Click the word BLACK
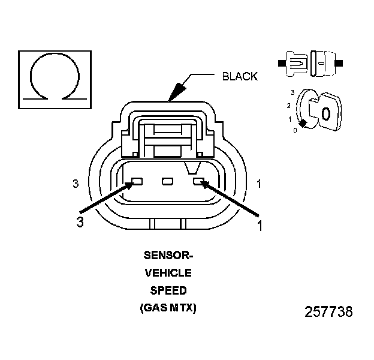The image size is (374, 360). [x=240, y=76]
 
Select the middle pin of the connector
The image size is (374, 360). [x=168, y=181]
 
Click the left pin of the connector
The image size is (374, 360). [x=137, y=181]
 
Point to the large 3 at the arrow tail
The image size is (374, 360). [x=79, y=223]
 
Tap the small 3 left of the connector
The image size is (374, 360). [x=76, y=184]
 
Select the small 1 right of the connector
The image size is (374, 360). [x=259, y=184]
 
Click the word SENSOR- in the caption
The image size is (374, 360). [x=168, y=255]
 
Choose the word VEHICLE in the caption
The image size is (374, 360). [x=168, y=273]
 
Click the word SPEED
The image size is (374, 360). [x=168, y=290]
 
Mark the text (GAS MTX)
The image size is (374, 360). [x=168, y=308]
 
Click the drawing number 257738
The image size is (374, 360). [x=328, y=312]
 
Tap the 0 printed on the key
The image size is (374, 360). [x=325, y=113]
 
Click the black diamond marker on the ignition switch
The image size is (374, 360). [x=304, y=124]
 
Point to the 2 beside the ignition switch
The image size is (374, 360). [x=289, y=106]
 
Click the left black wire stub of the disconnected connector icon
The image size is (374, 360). [x=282, y=62]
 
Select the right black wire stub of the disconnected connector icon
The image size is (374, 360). [x=340, y=62]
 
